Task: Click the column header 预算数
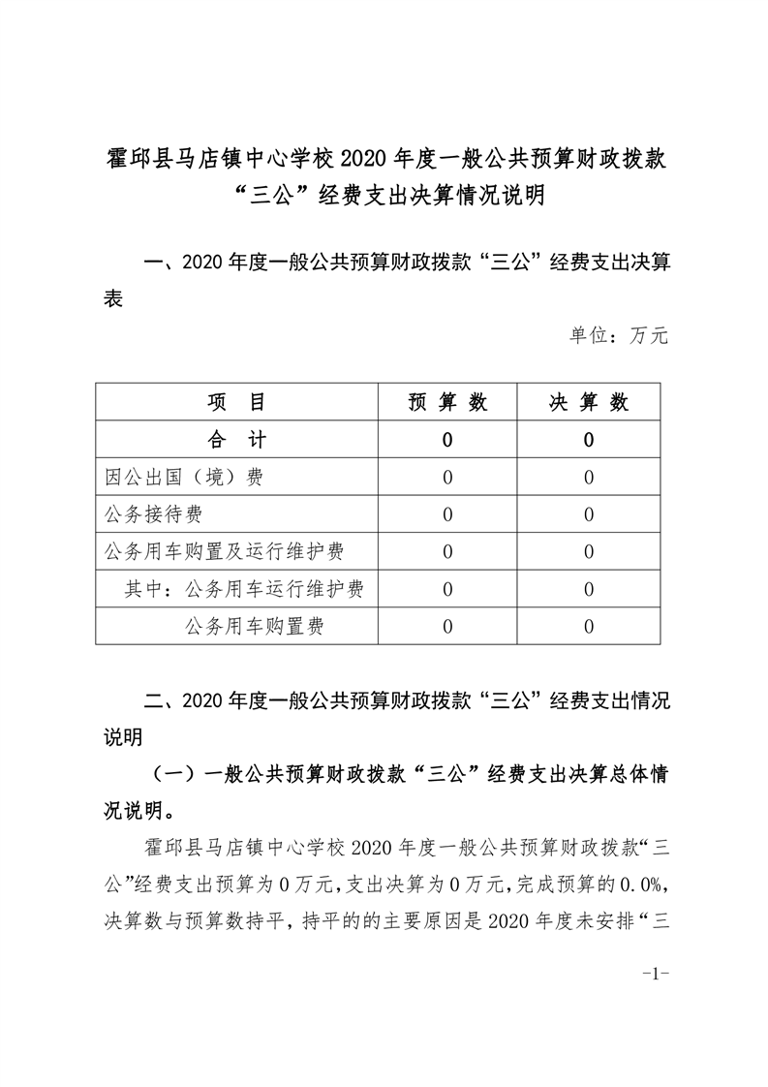(x=447, y=403)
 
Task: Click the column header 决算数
(x=589, y=403)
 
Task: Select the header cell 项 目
(x=236, y=403)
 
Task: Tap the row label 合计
(x=236, y=440)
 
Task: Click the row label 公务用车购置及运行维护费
(x=224, y=552)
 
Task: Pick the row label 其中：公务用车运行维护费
(x=244, y=589)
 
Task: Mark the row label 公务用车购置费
(x=254, y=627)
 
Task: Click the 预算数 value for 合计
(x=447, y=440)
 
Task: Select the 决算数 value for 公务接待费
(x=589, y=514)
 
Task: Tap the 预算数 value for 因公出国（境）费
(x=447, y=478)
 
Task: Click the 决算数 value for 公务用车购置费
(x=589, y=627)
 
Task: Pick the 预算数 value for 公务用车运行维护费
(x=447, y=589)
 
